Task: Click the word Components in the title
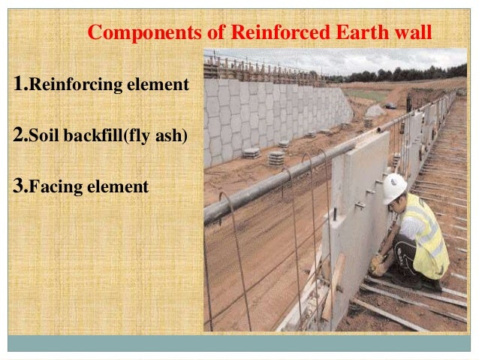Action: point(134,33)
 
